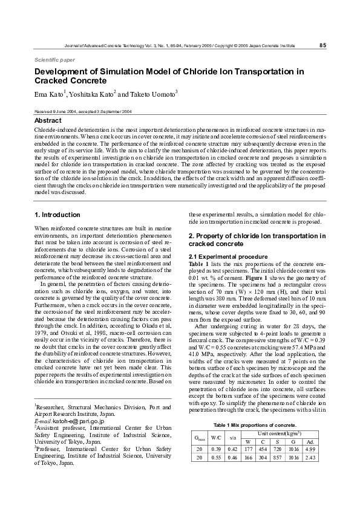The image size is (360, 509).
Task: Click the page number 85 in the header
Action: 322,45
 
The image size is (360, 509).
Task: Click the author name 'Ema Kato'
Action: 48,95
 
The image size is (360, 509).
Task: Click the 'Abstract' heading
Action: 48,120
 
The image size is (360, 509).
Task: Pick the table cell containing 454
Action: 263,449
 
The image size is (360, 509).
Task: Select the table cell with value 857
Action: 278,458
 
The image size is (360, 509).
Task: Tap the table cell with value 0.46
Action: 232,458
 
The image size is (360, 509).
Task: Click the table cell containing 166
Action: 248,458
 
